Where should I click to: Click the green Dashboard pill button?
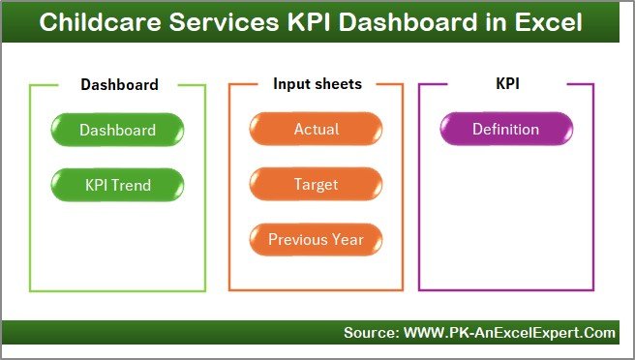(x=117, y=130)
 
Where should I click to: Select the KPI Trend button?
(x=117, y=184)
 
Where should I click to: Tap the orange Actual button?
(x=316, y=130)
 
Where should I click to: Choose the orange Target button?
(x=316, y=184)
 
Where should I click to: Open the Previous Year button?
(x=316, y=239)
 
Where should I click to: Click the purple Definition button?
(x=505, y=130)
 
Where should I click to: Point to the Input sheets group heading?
(x=317, y=84)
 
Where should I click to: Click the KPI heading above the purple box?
(x=507, y=84)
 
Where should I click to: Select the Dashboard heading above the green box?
(x=119, y=84)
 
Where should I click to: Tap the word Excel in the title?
(x=550, y=21)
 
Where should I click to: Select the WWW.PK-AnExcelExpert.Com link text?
(x=509, y=333)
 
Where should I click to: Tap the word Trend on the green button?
(x=133, y=184)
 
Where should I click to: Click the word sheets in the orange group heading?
(x=338, y=84)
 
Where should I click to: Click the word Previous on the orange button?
(x=298, y=239)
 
